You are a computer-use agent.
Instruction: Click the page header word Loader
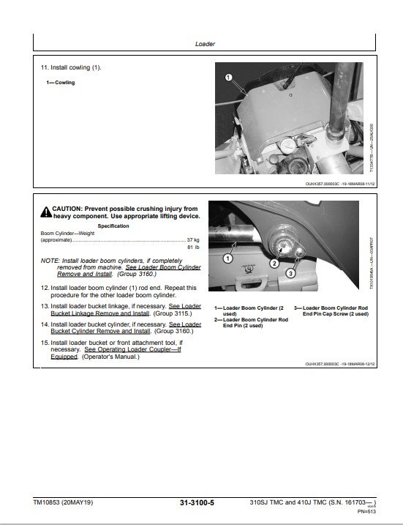coord(204,44)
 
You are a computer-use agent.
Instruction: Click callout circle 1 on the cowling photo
coord(228,76)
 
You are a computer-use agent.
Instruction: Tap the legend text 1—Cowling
coord(60,83)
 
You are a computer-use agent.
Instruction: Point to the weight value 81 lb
coord(194,247)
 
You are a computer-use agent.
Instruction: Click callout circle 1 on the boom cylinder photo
coord(227,258)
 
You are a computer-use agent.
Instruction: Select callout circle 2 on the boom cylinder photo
coord(273,262)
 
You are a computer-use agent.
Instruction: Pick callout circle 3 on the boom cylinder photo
coord(290,273)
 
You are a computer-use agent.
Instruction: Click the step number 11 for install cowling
coord(45,68)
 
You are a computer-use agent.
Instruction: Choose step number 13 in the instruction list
coord(45,306)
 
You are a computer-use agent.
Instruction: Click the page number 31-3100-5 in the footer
coord(200,502)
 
